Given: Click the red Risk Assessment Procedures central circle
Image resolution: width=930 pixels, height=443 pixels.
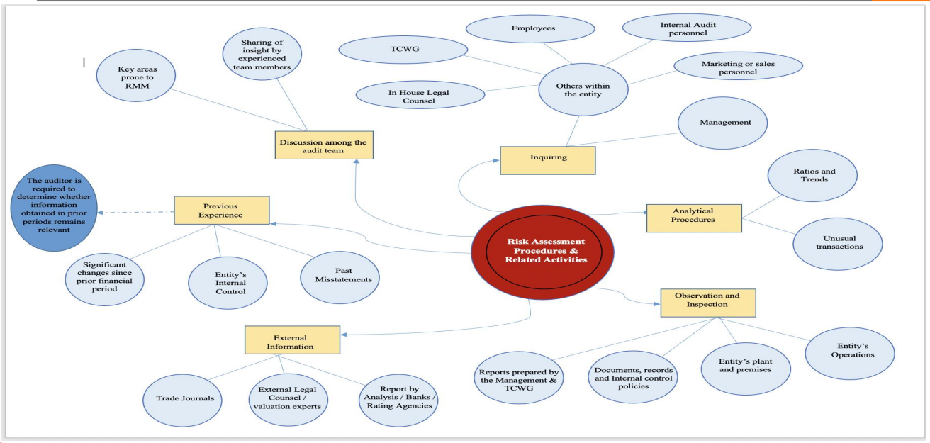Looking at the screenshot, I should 542,249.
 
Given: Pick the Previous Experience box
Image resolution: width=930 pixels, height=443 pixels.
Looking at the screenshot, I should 221,210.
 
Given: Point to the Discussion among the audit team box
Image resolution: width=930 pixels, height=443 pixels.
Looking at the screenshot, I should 323,145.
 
